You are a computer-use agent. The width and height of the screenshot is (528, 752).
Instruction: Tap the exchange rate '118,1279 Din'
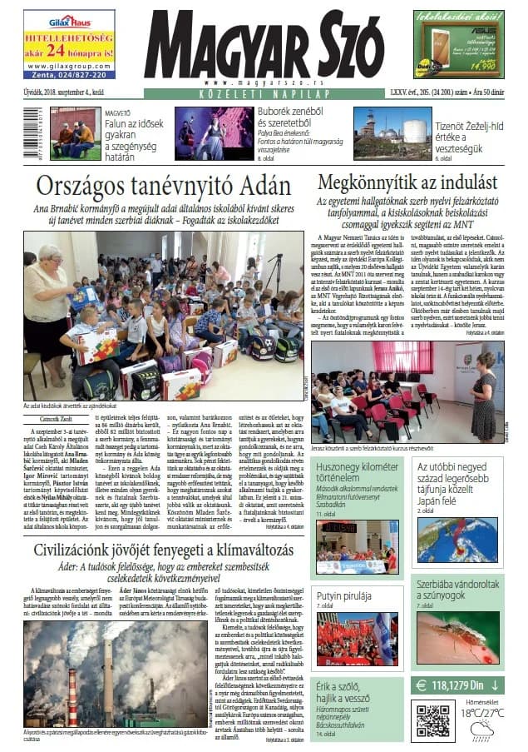coord(458,685)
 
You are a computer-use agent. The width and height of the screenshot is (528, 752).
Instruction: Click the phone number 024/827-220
coord(69,73)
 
